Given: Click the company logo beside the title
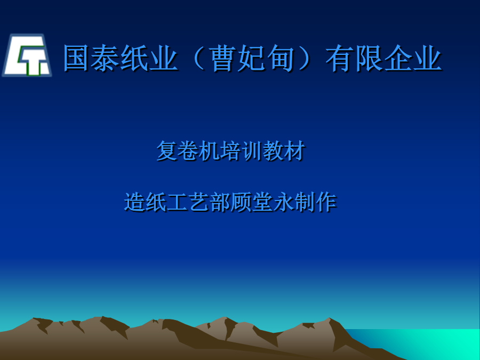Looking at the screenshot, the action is tap(27, 55).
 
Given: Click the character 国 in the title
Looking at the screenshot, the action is tap(76, 59).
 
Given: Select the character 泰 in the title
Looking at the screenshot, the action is tap(105, 59).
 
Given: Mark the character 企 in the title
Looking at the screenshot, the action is tap(398, 59).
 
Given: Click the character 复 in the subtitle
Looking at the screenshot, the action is tap(167, 150).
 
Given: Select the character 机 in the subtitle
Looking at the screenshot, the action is tap(209, 150).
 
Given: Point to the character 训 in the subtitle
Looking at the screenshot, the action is tap(252, 150).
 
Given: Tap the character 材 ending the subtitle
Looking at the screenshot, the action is tap(294, 150).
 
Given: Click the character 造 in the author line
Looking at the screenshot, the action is tap(134, 202).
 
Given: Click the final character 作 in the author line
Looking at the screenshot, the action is tap(326, 202).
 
